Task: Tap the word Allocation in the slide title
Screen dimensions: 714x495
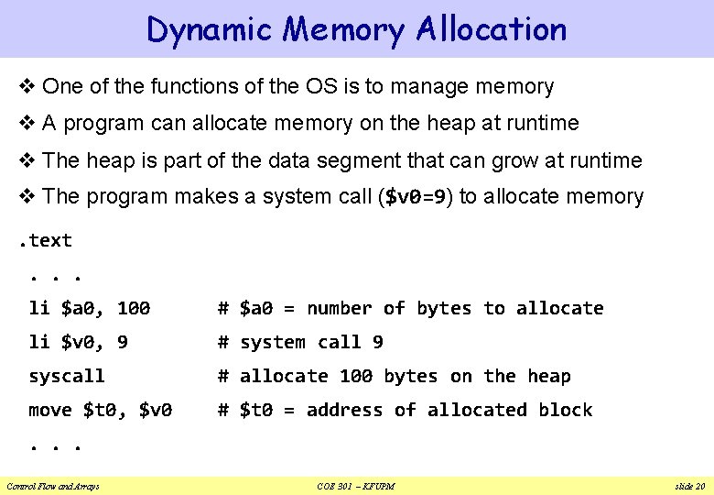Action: click(x=491, y=30)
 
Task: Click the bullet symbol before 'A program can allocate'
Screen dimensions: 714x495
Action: click(x=27, y=124)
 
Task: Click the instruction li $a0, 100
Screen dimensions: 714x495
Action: click(x=90, y=308)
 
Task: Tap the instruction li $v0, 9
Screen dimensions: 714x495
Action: click(x=79, y=342)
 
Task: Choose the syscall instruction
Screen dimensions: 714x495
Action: click(x=67, y=376)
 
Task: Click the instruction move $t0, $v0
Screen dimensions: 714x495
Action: click(x=101, y=410)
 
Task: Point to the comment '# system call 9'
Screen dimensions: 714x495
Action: click(x=300, y=342)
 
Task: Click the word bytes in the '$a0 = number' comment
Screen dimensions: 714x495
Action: click(x=444, y=308)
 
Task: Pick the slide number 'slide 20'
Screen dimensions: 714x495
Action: click(x=687, y=486)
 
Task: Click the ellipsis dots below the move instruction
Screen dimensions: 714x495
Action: click(x=56, y=445)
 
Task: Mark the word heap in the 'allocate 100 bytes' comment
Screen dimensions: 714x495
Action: click(x=549, y=376)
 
